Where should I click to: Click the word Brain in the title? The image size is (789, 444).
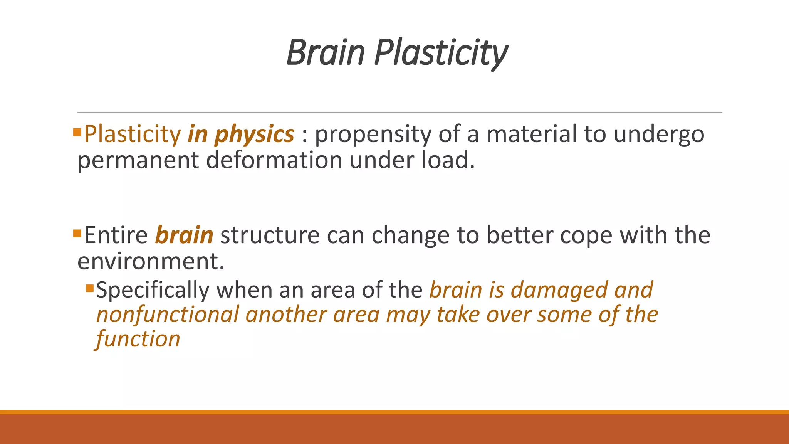point(326,52)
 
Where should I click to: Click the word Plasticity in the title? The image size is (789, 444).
point(441,53)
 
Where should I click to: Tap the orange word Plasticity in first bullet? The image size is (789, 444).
point(132,135)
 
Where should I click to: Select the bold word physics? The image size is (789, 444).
point(254,135)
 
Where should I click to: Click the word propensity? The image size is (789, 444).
point(373,135)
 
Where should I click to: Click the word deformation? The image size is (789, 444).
point(274,160)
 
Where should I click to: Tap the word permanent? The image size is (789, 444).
point(138,160)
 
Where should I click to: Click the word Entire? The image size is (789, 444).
point(116,235)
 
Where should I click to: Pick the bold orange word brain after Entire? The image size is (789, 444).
point(184,235)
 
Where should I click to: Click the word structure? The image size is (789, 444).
point(270,235)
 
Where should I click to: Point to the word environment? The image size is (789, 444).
point(150,261)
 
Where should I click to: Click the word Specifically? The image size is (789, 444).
point(153,290)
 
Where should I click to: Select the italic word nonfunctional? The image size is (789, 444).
point(168,314)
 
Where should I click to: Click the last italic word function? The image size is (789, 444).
point(138,339)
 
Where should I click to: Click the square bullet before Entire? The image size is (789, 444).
point(77,233)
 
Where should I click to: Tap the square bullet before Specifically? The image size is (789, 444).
point(90,288)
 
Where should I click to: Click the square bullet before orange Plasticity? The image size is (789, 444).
point(77,133)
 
